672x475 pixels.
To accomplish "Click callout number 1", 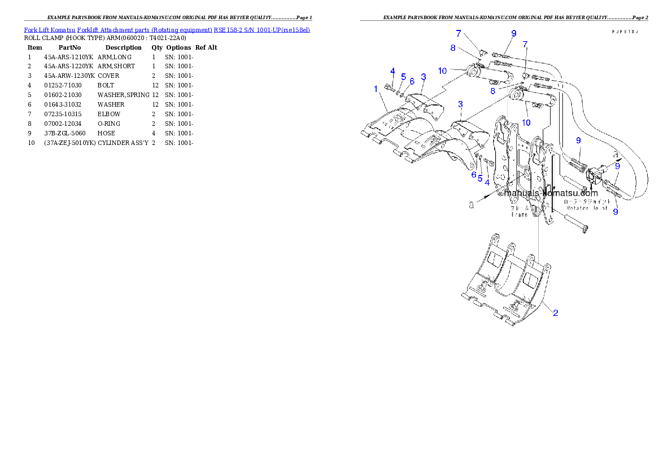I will click(x=376, y=89).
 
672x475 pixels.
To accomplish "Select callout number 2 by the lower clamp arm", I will click(x=556, y=313).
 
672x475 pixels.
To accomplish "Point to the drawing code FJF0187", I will click(x=625, y=32).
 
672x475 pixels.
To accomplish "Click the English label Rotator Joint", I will click(x=587, y=208).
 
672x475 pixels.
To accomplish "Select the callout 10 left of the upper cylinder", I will click(x=442, y=71).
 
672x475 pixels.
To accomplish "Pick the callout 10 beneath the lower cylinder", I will click(x=526, y=122).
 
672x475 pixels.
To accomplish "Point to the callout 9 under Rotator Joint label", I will click(x=616, y=212).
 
